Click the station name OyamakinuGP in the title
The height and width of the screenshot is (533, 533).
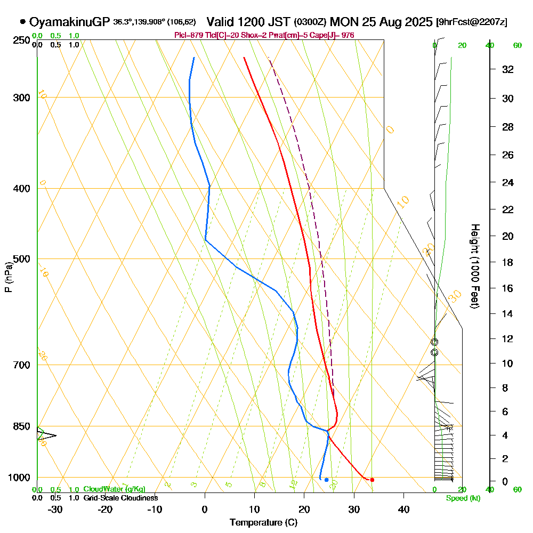(x=70, y=22)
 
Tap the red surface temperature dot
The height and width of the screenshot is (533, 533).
(x=372, y=480)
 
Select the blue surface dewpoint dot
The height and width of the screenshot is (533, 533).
(x=326, y=480)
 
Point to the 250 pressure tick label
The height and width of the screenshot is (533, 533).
(x=21, y=41)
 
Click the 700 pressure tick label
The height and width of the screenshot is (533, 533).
(x=21, y=365)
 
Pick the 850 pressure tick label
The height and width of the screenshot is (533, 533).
(x=21, y=426)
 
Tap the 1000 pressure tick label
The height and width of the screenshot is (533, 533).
(x=19, y=478)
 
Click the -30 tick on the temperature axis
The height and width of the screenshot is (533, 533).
(x=55, y=508)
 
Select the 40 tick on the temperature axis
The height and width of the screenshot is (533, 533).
(x=403, y=508)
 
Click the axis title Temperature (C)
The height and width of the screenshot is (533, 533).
(x=263, y=522)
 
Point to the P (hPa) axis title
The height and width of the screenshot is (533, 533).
(x=9, y=277)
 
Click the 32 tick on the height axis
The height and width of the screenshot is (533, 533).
(x=508, y=69)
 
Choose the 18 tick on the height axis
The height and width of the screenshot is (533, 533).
(x=508, y=262)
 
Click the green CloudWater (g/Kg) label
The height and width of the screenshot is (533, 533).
(x=115, y=489)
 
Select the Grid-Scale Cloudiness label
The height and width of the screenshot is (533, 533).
(x=120, y=498)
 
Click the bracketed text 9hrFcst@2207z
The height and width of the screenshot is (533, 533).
(x=472, y=22)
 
